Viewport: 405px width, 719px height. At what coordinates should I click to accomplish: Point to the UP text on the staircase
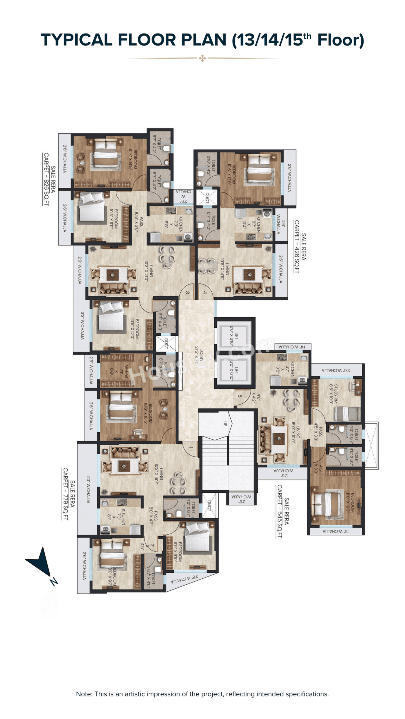(x=225, y=423)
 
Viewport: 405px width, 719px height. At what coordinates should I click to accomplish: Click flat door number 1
(x=191, y=448)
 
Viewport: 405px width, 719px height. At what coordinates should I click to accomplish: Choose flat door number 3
(x=187, y=293)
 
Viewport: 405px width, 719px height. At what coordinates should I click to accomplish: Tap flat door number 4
(x=205, y=293)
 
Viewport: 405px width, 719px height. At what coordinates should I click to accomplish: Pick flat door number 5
(x=240, y=396)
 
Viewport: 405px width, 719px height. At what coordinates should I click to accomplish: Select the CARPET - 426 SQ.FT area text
(x=297, y=247)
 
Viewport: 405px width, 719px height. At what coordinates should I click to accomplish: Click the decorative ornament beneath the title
(x=202, y=58)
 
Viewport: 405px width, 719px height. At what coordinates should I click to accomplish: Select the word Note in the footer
(x=84, y=694)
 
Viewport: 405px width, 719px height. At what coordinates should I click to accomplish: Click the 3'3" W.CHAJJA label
(x=82, y=326)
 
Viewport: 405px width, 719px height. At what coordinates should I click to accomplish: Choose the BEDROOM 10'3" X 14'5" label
(x=133, y=160)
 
